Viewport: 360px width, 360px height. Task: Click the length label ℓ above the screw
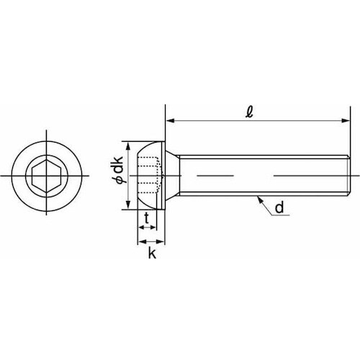coord(250,112)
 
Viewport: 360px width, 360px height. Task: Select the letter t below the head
coord(147,218)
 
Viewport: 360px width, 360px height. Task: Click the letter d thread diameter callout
coord(279,207)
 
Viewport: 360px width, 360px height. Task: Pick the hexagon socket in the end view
coord(47,176)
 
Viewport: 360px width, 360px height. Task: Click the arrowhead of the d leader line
coord(259,199)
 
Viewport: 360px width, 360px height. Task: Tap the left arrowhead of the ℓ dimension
coord(170,121)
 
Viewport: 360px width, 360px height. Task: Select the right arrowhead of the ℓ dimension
coord(346,121)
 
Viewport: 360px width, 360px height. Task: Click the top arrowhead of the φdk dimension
coord(129,146)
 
